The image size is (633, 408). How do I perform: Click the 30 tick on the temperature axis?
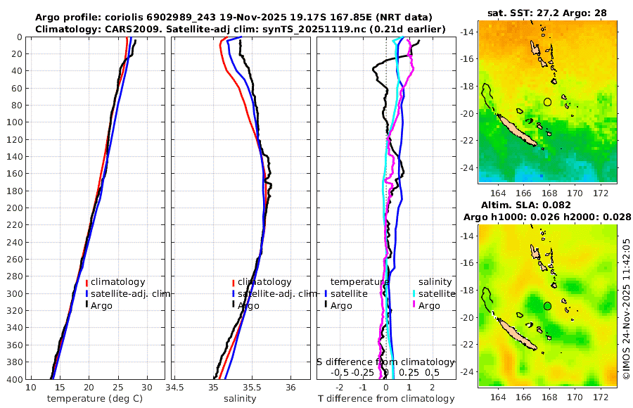coord(146,388)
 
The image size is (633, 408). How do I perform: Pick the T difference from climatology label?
coord(386,399)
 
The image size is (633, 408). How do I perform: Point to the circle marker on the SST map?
coord(547,102)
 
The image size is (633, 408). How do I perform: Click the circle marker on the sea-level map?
coord(547,305)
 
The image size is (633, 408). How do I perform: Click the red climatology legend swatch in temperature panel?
coord(87,282)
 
